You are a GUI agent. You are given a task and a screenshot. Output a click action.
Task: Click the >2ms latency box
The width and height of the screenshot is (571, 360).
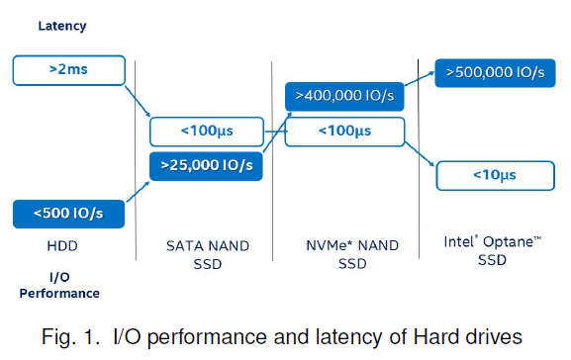[x=68, y=70]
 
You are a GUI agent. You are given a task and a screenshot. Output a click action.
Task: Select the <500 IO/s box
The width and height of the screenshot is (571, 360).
[x=68, y=213]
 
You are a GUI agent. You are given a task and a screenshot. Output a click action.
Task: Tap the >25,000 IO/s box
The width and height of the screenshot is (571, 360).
[x=207, y=166]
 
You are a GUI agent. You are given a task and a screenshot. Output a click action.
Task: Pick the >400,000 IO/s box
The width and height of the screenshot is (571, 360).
[x=343, y=97]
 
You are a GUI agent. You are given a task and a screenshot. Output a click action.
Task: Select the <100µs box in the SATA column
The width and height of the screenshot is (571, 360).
[x=207, y=132]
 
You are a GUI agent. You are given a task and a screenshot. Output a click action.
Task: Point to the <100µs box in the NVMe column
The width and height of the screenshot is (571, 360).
[x=343, y=131]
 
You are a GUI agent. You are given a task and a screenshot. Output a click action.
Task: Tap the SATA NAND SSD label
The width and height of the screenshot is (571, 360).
[x=206, y=253]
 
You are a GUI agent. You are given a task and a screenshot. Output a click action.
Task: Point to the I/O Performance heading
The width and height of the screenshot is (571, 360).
[x=60, y=285]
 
